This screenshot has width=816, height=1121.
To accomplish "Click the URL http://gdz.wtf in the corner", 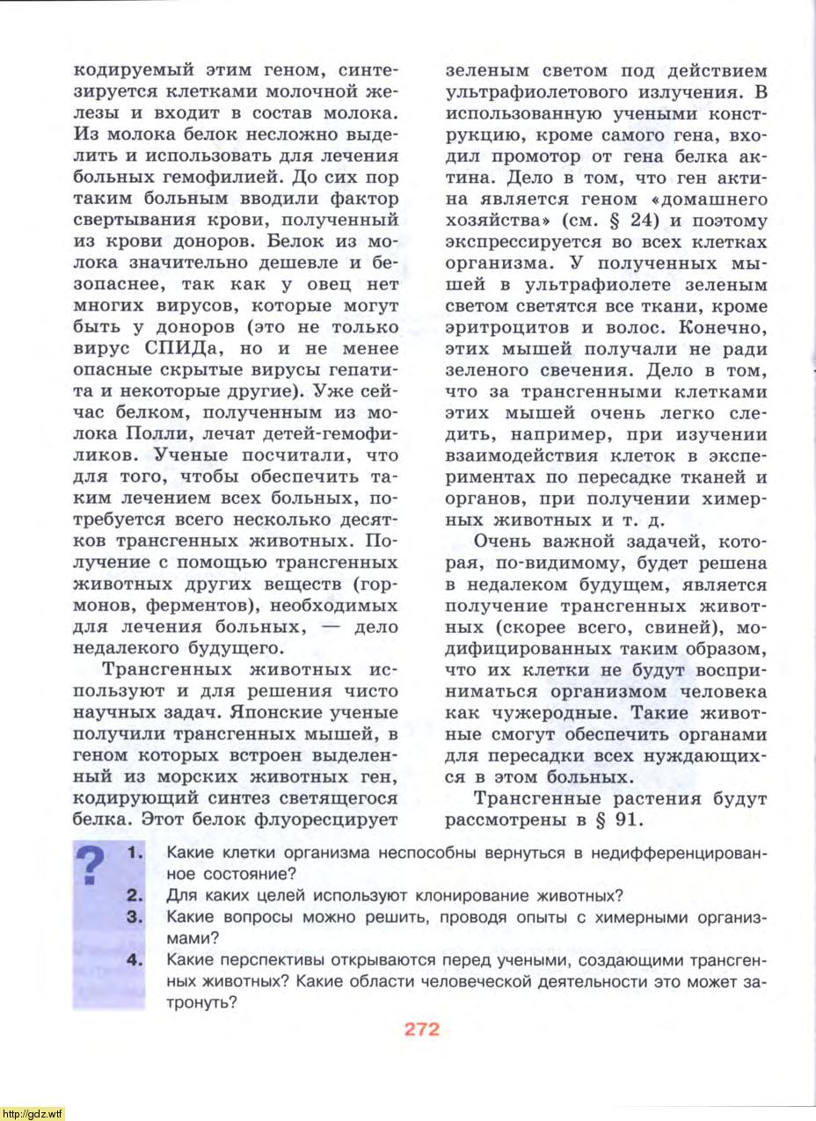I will point(33,1114).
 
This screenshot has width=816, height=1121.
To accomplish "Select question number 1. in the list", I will point(135,853).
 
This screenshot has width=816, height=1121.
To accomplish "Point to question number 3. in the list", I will point(135,917).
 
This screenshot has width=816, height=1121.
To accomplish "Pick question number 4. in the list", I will point(135,960).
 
